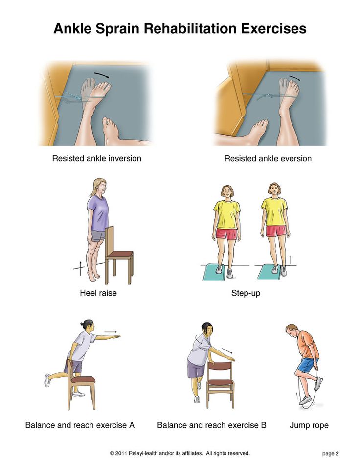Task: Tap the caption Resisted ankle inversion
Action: pyautogui.click(x=96, y=158)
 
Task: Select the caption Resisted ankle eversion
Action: pyautogui.click(x=268, y=159)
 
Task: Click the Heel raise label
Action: pyautogui.click(x=98, y=293)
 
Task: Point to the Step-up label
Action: pyautogui.click(x=246, y=293)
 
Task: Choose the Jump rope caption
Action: pyautogui.click(x=309, y=425)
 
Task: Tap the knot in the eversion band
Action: pyautogui.click(x=270, y=96)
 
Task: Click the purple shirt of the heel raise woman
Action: pyautogui.click(x=97, y=213)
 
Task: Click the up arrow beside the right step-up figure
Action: pyautogui.click(x=290, y=259)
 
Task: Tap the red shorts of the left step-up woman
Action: pyautogui.click(x=226, y=233)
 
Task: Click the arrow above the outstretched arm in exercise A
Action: pyautogui.click(x=111, y=332)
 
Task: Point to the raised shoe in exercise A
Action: pyautogui.click(x=47, y=380)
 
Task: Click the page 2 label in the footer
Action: pyautogui.click(x=330, y=453)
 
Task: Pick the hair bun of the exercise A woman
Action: pyautogui.click(x=82, y=324)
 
